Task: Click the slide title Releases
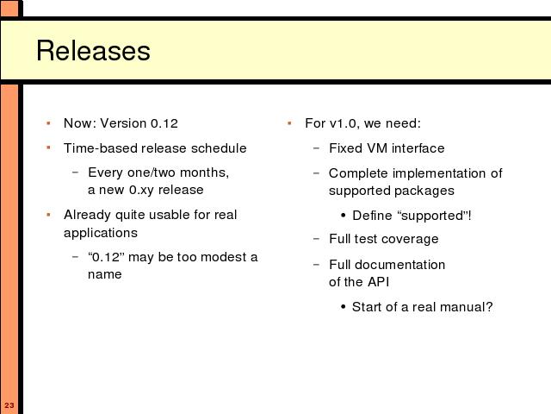[93, 51]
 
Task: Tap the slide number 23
[9, 405]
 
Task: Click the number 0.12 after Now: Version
[164, 123]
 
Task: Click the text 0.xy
[141, 191]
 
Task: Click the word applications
[101, 233]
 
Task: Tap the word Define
[372, 216]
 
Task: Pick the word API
[378, 282]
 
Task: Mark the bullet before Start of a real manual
[344, 307]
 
